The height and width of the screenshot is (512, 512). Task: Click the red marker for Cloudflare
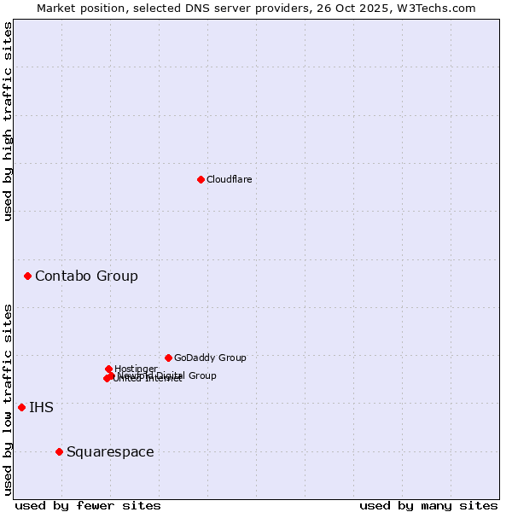tap(201, 179)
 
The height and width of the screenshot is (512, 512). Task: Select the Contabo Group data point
tap(28, 276)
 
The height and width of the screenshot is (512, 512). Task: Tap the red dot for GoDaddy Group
tap(168, 358)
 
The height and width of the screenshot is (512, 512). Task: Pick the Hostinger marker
tap(108, 369)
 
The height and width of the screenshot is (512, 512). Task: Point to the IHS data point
tap(21, 407)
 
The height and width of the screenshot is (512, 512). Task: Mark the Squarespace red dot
tap(59, 451)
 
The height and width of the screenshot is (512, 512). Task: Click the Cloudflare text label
tap(229, 179)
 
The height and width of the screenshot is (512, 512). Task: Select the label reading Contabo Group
tap(86, 276)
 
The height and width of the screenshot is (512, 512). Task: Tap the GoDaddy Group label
tap(210, 358)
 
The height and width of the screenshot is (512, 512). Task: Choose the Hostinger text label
tap(136, 369)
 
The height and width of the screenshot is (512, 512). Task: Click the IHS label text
tap(41, 407)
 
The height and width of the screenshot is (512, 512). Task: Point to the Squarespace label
tap(110, 451)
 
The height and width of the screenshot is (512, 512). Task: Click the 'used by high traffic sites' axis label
tap(9, 121)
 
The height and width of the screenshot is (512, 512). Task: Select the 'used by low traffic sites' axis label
tap(9, 399)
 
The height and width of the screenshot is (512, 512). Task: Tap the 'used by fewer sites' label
tap(88, 505)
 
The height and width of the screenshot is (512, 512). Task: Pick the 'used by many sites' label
tap(428, 505)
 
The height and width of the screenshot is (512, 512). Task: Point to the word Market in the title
tap(58, 8)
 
